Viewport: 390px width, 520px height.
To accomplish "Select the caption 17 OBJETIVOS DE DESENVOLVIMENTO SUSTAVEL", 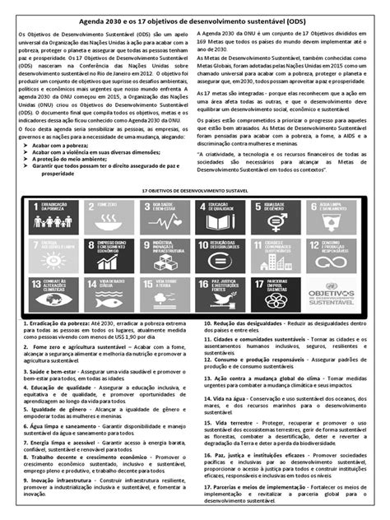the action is click(195, 188).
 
